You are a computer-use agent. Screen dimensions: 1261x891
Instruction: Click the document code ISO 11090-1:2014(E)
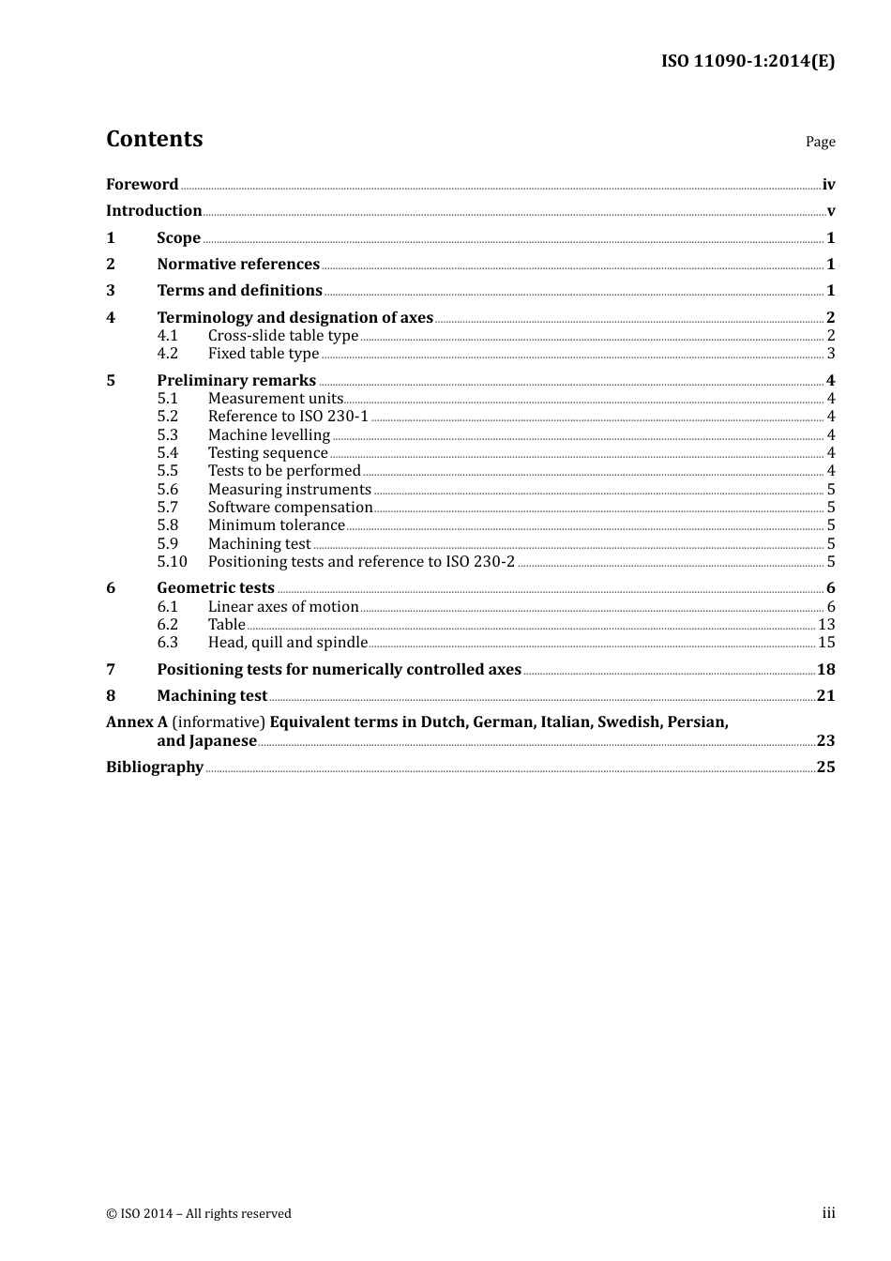[x=748, y=62]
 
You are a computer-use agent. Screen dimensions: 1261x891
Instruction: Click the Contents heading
[x=155, y=139]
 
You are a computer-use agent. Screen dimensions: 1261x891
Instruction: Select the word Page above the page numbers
[x=820, y=142]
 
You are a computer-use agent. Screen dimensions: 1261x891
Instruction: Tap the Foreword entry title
[x=142, y=185]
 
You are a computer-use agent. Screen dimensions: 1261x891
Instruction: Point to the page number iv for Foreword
[x=828, y=185]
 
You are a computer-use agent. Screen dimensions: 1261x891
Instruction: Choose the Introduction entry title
[x=154, y=211]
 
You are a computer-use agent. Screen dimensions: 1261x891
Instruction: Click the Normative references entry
[x=238, y=265]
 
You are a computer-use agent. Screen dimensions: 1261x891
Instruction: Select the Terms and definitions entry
[x=239, y=291]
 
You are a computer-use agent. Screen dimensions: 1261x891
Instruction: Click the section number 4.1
[x=168, y=336]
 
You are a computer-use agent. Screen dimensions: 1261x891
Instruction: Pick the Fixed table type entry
[x=264, y=354]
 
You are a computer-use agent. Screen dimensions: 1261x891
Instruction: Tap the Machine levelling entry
[x=269, y=435]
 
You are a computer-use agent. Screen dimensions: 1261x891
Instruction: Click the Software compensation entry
[x=291, y=508]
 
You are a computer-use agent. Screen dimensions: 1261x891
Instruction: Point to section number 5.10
[x=173, y=562]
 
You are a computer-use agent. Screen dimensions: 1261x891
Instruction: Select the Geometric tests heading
[x=216, y=588]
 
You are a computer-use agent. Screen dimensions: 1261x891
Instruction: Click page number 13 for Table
[x=826, y=625]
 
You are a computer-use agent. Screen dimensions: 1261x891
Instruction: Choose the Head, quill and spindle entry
[x=288, y=643]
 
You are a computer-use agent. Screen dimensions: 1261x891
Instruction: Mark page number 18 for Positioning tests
[x=826, y=670]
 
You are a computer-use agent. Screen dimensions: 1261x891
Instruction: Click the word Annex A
[x=137, y=722]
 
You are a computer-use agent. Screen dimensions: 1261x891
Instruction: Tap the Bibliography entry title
[x=155, y=767]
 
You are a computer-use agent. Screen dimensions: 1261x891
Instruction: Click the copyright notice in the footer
[x=199, y=1214]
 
